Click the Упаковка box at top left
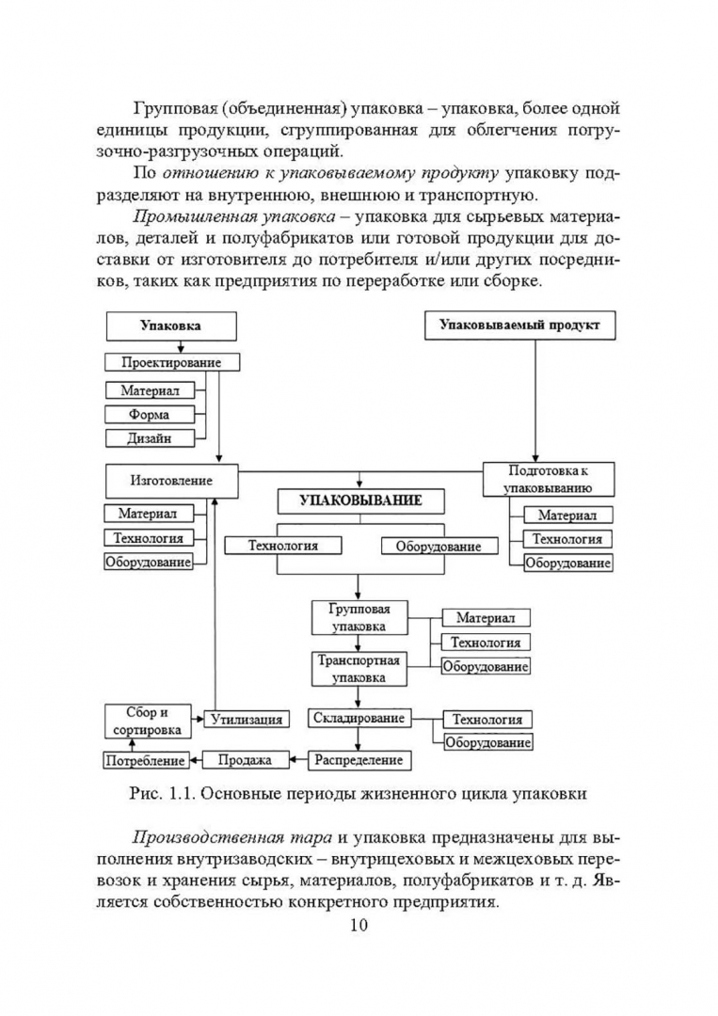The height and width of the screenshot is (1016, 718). click(x=170, y=326)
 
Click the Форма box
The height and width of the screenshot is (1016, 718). click(x=150, y=414)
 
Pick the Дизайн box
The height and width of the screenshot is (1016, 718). click(x=150, y=437)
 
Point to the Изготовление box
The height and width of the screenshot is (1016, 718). click(x=170, y=480)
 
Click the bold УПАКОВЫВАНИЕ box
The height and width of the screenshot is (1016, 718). click(x=360, y=500)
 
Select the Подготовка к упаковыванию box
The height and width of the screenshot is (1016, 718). click(x=548, y=479)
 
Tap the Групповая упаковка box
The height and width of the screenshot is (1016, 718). click(x=359, y=617)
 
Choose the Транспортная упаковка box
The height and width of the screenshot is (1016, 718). click(x=359, y=668)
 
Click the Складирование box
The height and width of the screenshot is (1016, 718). click(x=359, y=718)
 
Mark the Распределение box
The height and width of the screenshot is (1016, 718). click(x=359, y=759)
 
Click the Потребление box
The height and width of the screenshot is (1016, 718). click(x=144, y=760)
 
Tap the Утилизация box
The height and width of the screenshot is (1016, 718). click(x=247, y=720)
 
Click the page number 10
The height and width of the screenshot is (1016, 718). click(x=359, y=924)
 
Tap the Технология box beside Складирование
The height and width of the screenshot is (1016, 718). click(x=487, y=720)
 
